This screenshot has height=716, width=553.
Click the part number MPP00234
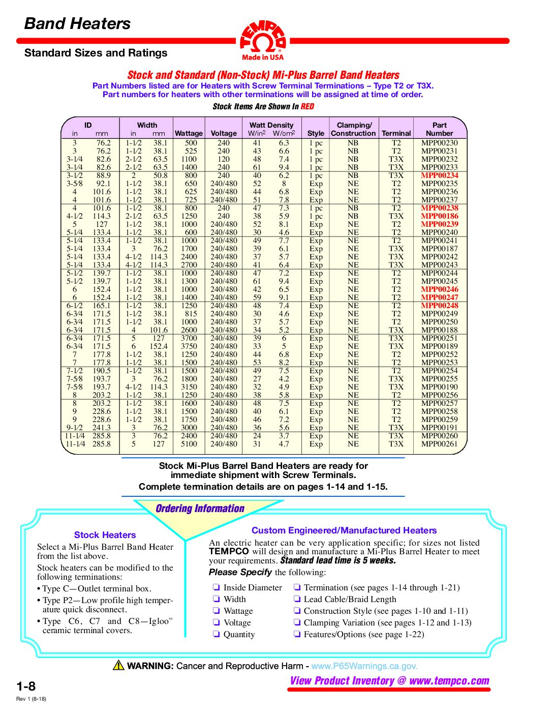[439, 175]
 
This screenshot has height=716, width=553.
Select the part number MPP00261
[439, 444]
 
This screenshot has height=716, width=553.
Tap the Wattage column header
[189, 133]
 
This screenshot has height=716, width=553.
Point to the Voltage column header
[224, 133]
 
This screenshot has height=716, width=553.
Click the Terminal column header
[396, 133]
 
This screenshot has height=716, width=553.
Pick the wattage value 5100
[189, 444]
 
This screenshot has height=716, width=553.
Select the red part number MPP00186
[439, 216]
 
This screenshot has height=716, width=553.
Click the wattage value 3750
[189, 346]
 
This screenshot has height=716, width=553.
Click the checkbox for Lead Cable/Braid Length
[297, 599]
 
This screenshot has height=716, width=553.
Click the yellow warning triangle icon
[118, 665]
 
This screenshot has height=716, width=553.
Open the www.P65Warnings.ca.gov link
[364, 666]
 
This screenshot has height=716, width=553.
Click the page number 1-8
[26, 686]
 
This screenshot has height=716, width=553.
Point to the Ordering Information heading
[200, 509]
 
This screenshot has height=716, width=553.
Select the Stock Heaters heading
[105, 535]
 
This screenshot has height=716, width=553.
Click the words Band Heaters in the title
[77, 23]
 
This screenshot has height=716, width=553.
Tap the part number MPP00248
[439, 306]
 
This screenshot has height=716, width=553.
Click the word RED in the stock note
[308, 106]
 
